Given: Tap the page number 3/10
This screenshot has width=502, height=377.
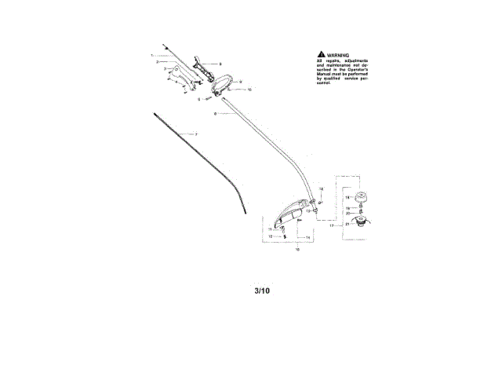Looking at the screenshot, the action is point(262,291).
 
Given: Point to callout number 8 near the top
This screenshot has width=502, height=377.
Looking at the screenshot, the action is point(220,64).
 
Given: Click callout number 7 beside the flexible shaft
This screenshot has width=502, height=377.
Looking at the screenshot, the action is point(196,135).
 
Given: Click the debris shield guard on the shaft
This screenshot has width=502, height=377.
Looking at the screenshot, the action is point(289,213).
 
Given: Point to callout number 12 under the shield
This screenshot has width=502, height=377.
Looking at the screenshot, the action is point(271,236).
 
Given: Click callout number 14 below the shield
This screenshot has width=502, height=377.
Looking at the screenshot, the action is point(307,236).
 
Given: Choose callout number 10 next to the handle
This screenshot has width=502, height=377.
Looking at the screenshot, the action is point(249,90).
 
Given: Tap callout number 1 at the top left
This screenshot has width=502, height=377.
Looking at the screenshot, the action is point(152,55).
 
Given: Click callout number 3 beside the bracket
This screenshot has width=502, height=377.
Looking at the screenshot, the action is point(165,69).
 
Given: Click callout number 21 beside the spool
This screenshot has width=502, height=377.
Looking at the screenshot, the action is point(347,225).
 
